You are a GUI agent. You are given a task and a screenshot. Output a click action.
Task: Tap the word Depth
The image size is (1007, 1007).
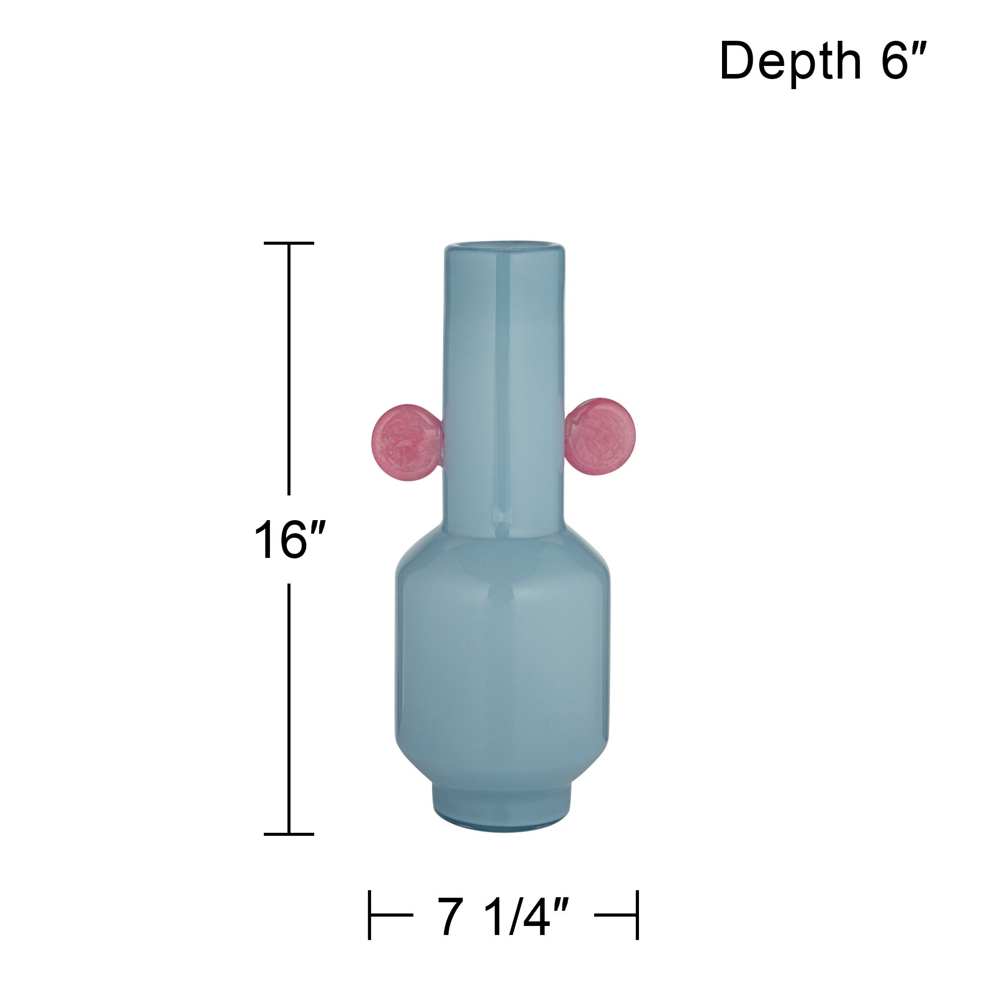pos(790,61)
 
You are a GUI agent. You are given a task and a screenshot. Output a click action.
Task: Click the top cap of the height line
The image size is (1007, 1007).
pos(289,243)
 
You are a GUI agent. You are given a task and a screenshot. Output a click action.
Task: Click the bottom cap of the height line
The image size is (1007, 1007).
pos(289,834)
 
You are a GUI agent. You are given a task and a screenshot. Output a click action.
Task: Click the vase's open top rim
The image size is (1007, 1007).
pos(504,246)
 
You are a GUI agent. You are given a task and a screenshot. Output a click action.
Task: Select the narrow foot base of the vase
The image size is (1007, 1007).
pos(501,808)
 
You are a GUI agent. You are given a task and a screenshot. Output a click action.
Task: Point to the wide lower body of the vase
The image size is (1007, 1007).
pos(501,657)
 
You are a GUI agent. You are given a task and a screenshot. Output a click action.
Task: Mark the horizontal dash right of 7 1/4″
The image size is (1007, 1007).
pos(615,915)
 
